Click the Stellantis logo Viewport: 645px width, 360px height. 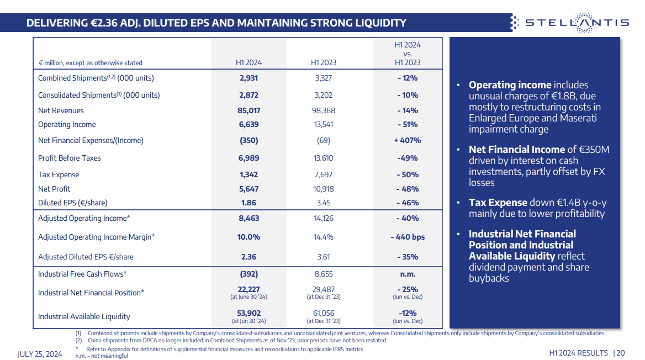569,23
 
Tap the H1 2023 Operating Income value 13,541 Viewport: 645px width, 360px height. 323,124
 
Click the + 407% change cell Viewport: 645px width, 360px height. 408,140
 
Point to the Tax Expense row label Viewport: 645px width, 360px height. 59,174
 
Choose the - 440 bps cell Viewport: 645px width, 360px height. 408,237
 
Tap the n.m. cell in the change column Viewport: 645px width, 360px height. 408,274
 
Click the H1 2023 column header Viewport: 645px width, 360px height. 323,62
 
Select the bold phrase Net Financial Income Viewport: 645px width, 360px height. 516,150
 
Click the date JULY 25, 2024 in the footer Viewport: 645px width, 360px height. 40,353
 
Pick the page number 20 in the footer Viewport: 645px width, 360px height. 621,353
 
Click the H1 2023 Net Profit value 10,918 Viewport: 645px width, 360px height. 323,189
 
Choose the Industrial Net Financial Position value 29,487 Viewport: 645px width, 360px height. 323,289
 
